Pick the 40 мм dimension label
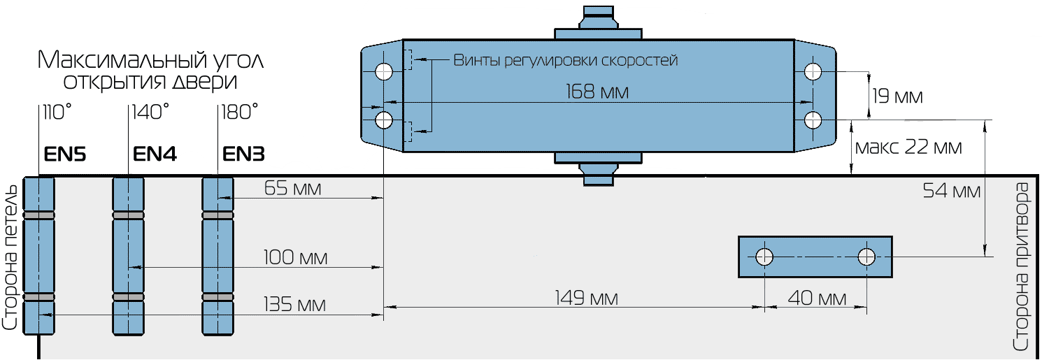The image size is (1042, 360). (816, 298)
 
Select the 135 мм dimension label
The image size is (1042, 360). (295, 305)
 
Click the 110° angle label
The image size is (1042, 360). (57, 112)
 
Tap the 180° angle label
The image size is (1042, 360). (239, 112)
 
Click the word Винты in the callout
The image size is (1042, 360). (476, 60)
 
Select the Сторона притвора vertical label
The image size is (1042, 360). (1022, 266)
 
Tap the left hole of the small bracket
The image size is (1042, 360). (765, 257)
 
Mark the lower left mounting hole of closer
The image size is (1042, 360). (384, 120)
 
